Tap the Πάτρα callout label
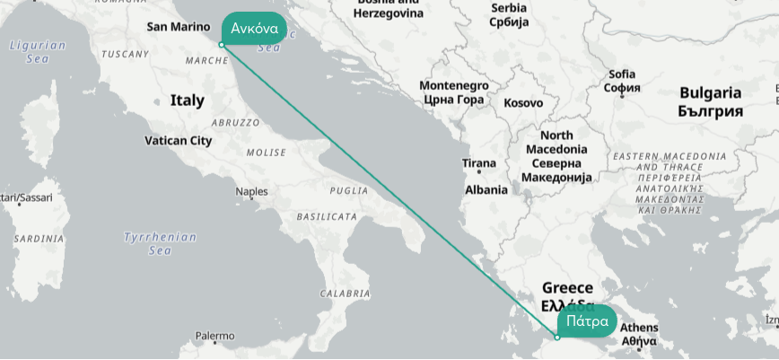pos(587,320)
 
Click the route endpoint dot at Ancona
pos(221,45)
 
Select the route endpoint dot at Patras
pos(556,338)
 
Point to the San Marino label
pos(178,27)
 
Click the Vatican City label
pos(178,141)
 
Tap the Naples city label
pos(251,191)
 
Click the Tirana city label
pos(478,163)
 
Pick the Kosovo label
pos(522,103)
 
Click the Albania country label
pos(486,190)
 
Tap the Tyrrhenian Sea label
pos(160,243)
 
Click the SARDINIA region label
pos(39,239)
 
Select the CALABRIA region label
pos(345,294)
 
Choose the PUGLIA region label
pos(349,190)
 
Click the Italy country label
pos(187,101)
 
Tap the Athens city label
pos(639,328)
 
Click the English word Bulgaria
pos(710,92)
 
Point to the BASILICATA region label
pos(327,217)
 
